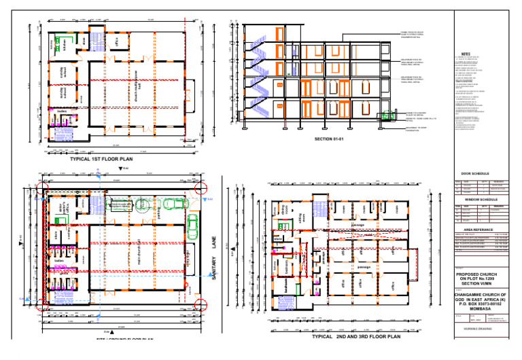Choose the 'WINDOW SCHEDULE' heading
click(x=479, y=199)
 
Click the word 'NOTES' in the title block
click(x=466, y=54)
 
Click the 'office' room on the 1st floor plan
click(x=117, y=42)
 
